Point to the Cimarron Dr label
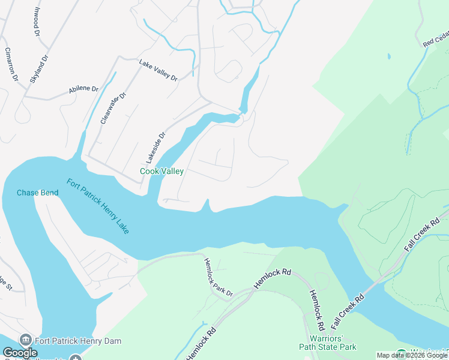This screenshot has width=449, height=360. pyautogui.click(x=11, y=64)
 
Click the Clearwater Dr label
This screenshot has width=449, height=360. pyautogui.click(x=114, y=108)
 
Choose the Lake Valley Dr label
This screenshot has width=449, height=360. pyautogui.click(x=158, y=70)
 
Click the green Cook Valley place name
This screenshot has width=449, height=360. pyautogui.click(x=161, y=171)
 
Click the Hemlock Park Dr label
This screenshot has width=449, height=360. pyautogui.click(x=218, y=277)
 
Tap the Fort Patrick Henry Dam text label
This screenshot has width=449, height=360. pyautogui.click(x=78, y=341)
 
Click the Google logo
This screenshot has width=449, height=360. pyautogui.click(x=20, y=353)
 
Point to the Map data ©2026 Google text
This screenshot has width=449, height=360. pyautogui.click(x=412, y=355)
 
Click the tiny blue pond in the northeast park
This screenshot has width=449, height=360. pyautogui.click(x=389, y=56)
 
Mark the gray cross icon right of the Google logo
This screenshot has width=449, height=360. pyautogui.click(x=75, y=358)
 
